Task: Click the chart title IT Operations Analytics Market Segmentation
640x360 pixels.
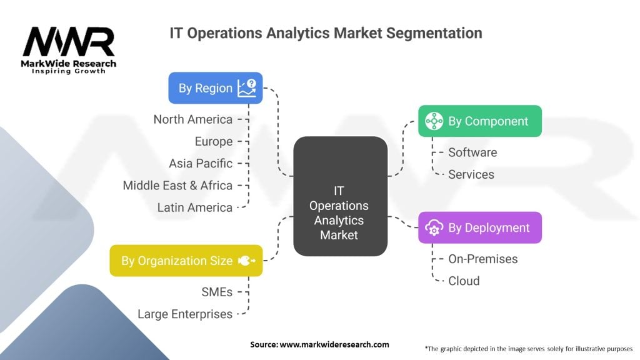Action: tap(326, 33)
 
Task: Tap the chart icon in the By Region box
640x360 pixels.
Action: tap(246, 88)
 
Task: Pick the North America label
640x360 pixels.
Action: tap(192, 119)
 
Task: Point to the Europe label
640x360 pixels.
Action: tap(213, 142)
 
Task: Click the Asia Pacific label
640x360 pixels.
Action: tap(200, 164)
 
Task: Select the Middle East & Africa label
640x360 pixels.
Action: tap(177, 186)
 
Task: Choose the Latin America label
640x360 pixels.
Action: tap(194, 207)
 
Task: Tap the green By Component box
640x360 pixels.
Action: tap(479, 121)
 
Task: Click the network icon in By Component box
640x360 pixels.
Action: tap(434, 121)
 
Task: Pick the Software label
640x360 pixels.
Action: tap(472, 152)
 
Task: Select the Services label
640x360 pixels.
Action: tap(471, 174)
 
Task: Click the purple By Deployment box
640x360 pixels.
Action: tap(479, 228)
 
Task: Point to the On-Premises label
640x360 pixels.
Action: tap(482, 259)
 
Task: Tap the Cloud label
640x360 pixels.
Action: tap(464, 281)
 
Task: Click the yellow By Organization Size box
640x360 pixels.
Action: tap(186, 261)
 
